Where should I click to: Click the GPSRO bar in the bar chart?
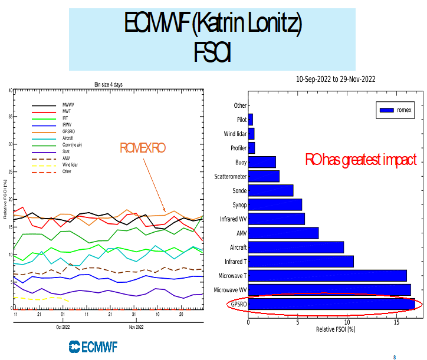point(330,305)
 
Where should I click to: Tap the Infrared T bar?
point(301,261)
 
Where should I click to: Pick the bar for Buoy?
point(262,162)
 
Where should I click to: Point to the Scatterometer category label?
point(231,176)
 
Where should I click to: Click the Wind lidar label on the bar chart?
point(234,134)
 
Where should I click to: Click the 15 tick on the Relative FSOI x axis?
point(398,323)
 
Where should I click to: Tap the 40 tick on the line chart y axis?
point(10,90)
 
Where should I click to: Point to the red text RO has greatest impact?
point(360,160)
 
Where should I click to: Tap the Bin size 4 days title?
point(108,84)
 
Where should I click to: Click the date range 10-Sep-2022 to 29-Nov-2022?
point(336,79)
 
